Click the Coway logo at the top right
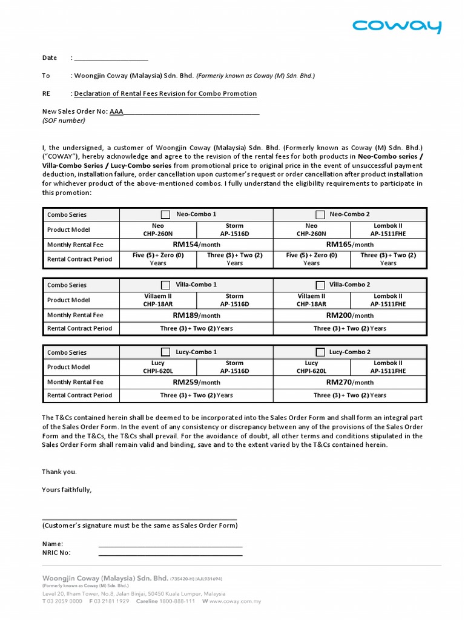[x=397, y=26]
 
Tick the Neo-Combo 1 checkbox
[x=165, y=214]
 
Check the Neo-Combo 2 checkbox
[x=320, y=214]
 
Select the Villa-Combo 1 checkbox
[x=165, y=285]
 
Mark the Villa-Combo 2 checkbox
[x=320, y=285]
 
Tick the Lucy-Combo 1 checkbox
[x=165, y=352]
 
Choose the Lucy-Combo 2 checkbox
[x=320, y=352]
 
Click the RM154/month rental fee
[x=196, y=244]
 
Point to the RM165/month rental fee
[x=350, y=244]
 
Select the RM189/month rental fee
[x=196, y=315]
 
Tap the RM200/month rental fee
[x=350, y=315]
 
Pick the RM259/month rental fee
[x=196, y=382]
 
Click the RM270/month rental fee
[x=350, y=382]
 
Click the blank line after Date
[x=111, y=59]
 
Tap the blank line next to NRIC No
[x=170, y=553]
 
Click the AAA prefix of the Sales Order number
[x=116, y=111]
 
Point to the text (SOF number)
[x=64, y=120]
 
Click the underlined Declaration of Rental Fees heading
[x=165, y=94]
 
